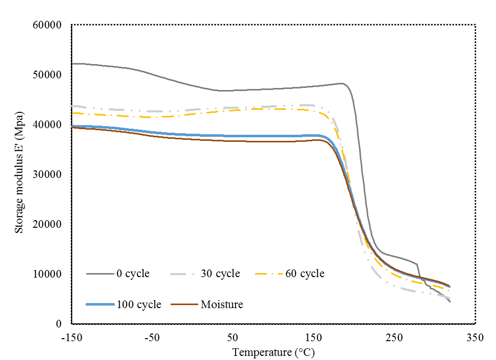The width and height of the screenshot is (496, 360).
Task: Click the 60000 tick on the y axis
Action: click(x=47, y=25)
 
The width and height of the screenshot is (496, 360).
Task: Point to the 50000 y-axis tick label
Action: click(x=47, y=75)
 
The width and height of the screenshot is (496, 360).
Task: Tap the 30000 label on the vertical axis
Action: click(x=47, y=174)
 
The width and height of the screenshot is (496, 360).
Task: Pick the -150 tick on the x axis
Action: click(x=72, y=338)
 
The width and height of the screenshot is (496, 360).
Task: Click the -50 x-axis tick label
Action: click(x=152, y=338)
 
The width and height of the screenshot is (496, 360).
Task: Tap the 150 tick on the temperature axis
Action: click(x=313, y=338)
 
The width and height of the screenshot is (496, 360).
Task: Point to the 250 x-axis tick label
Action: click(x=394, y=338)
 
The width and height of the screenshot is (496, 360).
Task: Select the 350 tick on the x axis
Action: click(x=475, y=338)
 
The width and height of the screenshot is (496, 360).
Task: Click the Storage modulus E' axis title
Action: click(x=19, y=173)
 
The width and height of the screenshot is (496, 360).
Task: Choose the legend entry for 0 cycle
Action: click(x=133, y=274)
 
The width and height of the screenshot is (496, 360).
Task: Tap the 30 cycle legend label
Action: click(x=220, y=274)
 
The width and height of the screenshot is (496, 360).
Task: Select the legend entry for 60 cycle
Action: click(x=305, y=274)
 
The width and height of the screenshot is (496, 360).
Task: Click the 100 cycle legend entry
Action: click(x=138, y=305)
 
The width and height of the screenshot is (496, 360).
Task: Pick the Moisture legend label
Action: click(x=222, y=305)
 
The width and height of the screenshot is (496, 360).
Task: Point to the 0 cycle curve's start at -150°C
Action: click(x=72, y=64)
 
